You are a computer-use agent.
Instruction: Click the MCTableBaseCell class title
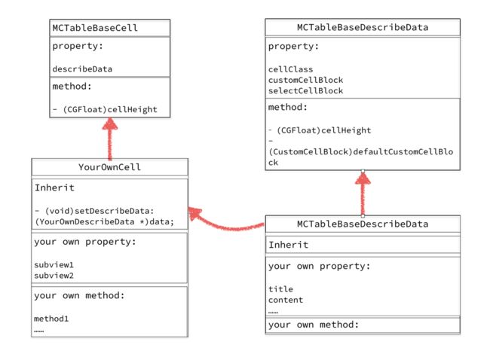pos(95,28)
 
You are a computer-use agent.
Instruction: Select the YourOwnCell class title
pos(109,167)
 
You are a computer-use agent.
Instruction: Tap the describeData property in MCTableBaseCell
pos(82,69)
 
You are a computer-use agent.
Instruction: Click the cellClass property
pos(291,69)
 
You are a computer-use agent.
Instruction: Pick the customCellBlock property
pos(305,80)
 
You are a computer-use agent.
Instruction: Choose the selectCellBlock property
pos(305,90)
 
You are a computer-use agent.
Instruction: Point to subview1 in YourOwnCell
pos(54,265)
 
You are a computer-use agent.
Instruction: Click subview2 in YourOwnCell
pos(54,276)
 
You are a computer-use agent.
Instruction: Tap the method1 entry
pos(51,319)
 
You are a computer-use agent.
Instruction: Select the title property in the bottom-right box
pos(280,289)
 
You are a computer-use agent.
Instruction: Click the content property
pos(286,300)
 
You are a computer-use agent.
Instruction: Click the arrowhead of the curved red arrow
pos(194,213)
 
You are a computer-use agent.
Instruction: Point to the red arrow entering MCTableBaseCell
pos(110,139)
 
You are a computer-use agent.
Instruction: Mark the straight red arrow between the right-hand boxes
pos(363,194)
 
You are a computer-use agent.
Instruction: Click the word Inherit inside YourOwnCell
pos(54,188)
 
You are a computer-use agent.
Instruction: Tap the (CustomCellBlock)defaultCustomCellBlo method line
pos(361,151)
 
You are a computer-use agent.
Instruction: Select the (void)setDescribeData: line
pos(94,211)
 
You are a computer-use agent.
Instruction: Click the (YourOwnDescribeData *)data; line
pos(104,221)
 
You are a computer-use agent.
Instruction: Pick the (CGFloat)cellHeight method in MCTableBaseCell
pos(105,110)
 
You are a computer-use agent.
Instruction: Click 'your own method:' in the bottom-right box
pos(314,325)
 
